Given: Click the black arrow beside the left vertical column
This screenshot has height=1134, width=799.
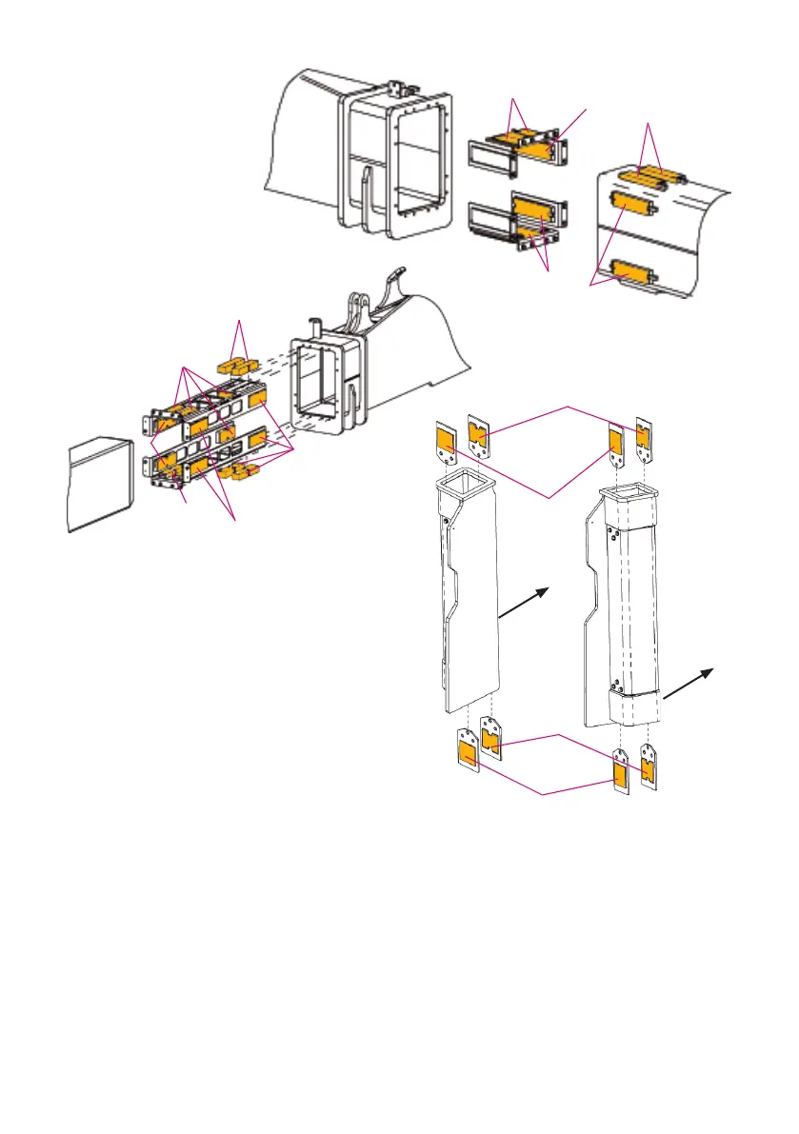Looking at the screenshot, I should (x=525, y=606).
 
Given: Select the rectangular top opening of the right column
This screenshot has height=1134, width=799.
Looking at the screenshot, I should (x=625, y=495).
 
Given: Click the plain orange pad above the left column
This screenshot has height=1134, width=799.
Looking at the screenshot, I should (x=446, y=442).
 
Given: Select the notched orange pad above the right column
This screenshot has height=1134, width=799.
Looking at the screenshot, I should (x=643, y=438).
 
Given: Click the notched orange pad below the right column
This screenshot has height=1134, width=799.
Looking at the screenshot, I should (x=649, y=770).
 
